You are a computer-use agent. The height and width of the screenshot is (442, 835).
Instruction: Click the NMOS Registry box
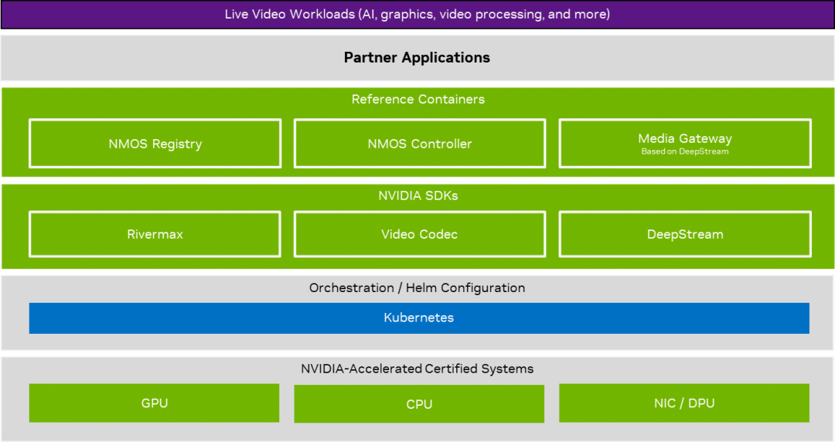155,143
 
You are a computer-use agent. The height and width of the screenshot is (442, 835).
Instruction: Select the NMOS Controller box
420,143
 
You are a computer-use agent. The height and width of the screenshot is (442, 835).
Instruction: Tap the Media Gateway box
685,143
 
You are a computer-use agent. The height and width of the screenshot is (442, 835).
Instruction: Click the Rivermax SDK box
155,234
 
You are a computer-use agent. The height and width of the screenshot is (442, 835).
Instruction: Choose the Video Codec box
420,234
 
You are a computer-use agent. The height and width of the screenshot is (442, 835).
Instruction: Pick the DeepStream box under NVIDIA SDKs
685,234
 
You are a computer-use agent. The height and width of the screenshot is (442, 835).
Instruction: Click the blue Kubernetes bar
419,318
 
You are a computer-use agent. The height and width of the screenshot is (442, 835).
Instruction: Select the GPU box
154,403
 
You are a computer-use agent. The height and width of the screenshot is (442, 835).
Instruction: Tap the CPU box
419,403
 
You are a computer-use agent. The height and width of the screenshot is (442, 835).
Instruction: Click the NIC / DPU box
684,403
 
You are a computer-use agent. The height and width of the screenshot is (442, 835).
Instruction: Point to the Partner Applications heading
417,57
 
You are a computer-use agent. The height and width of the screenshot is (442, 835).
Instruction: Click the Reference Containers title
418,99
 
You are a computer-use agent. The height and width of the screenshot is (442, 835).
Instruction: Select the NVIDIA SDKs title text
418,195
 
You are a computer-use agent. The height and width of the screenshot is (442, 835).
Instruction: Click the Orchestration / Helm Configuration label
417,287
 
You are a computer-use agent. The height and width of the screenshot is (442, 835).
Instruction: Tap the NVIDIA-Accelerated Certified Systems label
417,369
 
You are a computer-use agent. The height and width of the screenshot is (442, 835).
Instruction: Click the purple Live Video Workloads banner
417,15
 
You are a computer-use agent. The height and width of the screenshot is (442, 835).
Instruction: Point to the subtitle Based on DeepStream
685,151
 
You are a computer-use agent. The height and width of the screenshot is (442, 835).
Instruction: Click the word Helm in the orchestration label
421,287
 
